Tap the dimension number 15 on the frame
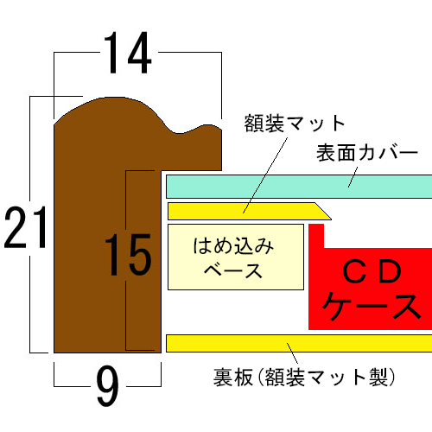128,256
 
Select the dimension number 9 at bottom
107,388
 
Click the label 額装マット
295,124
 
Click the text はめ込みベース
234,257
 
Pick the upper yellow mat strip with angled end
242,211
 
